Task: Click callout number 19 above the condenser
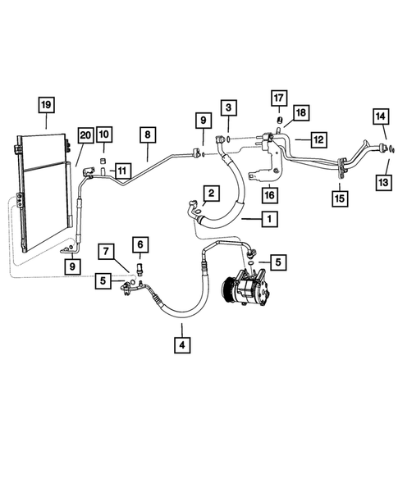tap(46, 104)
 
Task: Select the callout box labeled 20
tap(85, 135)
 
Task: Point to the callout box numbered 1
tap(268, 219)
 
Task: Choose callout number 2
tap(211, 194)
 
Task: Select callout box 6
tap(140, 244)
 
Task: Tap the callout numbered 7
tap(108, 249)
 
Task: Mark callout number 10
tap(103, 134)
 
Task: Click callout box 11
tap(122, 171)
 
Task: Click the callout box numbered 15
tap(339, 197)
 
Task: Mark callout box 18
tap(300, 112)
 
